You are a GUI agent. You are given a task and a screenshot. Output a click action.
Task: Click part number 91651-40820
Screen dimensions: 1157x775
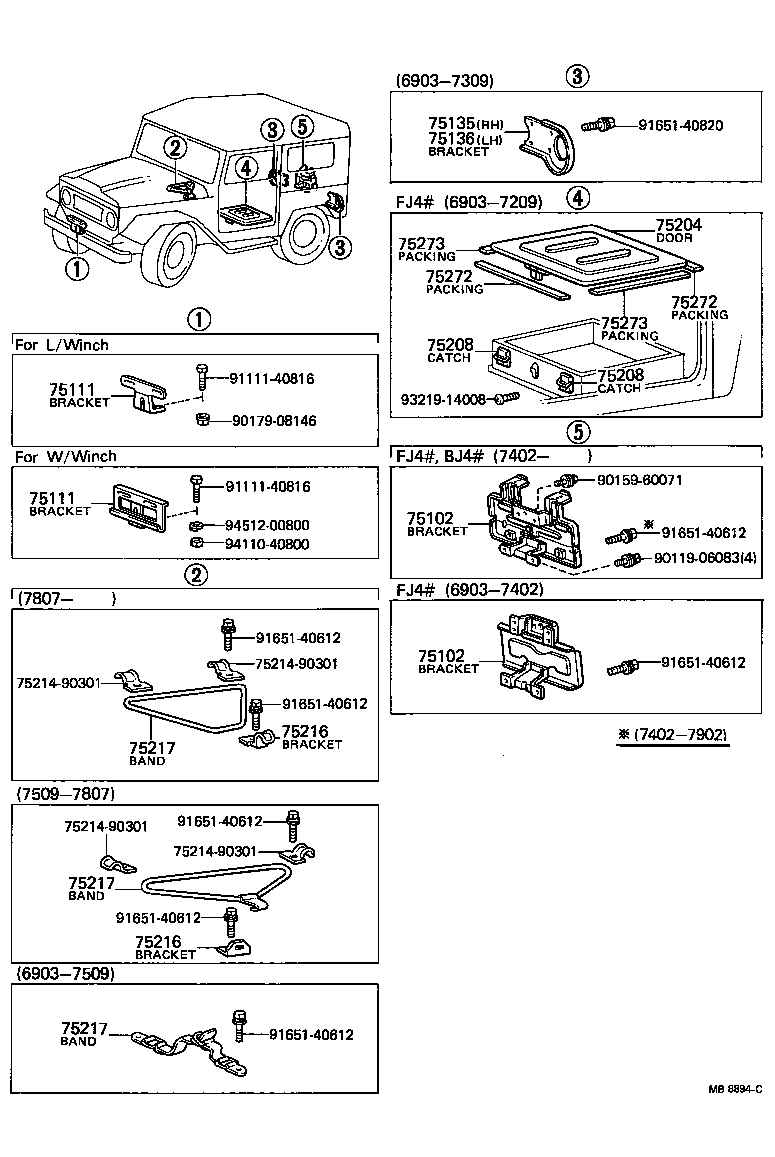pos(670,125)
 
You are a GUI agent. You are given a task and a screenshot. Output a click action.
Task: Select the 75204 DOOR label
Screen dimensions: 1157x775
pos(678,230)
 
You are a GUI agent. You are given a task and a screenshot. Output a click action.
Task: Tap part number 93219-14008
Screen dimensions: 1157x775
pos(443,399)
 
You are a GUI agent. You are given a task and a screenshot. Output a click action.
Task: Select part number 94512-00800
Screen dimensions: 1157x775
pos(267,525)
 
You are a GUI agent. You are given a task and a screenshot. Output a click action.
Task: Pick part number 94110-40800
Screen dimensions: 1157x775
pos(267,544)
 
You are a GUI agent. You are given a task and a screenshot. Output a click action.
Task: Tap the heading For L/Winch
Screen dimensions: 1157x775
pos(62,345)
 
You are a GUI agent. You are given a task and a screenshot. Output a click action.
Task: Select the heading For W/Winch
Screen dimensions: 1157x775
pos(66,456)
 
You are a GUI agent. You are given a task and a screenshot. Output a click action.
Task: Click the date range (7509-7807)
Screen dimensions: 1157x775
pos(65,794)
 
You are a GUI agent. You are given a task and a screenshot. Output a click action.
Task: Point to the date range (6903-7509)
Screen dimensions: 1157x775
pos(65,973)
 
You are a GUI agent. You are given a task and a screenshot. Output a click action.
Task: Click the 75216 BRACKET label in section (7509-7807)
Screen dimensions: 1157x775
pos(165,947)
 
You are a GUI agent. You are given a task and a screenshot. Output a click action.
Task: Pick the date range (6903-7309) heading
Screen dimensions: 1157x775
pos(444,80)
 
